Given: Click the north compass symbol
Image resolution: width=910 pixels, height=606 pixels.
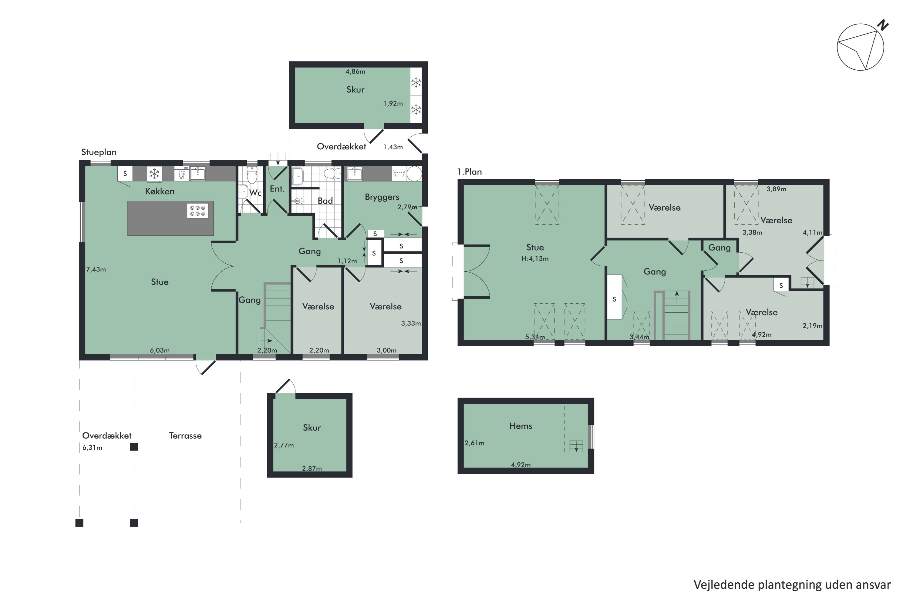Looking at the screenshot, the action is [862, 46].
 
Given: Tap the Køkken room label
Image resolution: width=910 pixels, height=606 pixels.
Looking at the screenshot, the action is [160, 191].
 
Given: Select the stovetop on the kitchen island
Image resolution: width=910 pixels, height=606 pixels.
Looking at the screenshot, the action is [198, 211].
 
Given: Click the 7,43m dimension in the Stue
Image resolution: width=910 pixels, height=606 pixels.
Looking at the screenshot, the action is [96, 269].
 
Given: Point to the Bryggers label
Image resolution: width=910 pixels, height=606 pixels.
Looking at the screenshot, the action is [382, 197].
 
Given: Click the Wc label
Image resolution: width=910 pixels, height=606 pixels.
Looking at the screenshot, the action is [255, 192].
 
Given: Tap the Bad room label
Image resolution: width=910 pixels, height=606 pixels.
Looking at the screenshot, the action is [325, 201].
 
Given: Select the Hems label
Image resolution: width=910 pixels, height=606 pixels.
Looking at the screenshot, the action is [521, 426].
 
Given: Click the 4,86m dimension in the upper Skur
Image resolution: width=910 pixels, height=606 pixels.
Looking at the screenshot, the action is [356, 72].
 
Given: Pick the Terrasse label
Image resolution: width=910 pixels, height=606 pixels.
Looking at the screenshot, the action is [185, 436].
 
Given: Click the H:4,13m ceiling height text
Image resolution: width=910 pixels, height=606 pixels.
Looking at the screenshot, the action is [535, 258].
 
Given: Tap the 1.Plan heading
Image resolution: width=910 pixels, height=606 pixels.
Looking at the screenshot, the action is [470, 172].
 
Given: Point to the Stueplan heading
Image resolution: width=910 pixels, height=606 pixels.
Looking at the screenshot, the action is [99, 152].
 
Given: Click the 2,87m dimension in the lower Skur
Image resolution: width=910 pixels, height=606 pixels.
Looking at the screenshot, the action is [312, 468].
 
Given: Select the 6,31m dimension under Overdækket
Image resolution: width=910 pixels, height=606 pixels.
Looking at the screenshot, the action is [93, 448].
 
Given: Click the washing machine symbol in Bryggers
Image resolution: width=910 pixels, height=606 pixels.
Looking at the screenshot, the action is [399, 174].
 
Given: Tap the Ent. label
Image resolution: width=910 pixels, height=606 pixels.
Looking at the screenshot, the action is [277, 189].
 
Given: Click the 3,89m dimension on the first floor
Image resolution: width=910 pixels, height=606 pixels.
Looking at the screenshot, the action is [777, 189].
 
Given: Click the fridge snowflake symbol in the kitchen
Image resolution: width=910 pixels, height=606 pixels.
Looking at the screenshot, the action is [154, 174].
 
